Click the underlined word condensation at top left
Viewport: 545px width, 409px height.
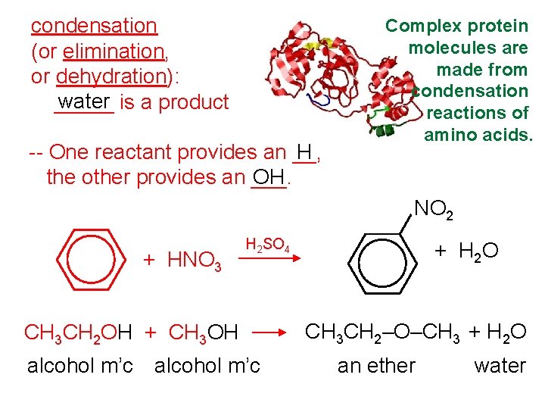[x=93, y=26]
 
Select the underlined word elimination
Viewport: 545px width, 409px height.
[x=114, y=52]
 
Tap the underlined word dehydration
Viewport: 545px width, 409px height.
[x=111, y=76]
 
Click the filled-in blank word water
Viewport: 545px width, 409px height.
[x=83, y=101]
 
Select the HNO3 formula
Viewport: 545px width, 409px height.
[x=193, y=261]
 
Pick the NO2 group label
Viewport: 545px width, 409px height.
[x=433, y=208]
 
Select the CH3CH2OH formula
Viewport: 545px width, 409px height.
[x=78, y=333]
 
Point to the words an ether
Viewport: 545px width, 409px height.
[x=376, y=366]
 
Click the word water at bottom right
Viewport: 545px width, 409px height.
[x=500, y=366]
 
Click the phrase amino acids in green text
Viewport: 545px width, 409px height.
[x=478, y=135]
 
